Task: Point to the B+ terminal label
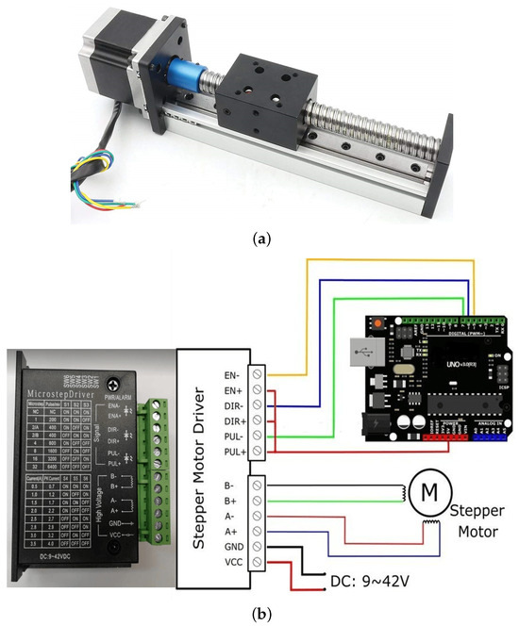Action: (229, 500)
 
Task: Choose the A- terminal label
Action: (229, 517)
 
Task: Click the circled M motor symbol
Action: (429, 491)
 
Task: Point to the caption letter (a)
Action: (259, 239)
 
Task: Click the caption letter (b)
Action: (259, 614)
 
